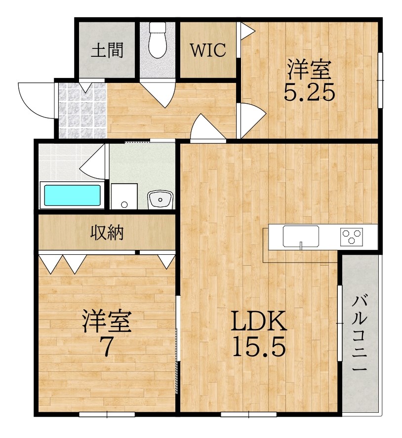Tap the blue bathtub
click(x=73, y=196)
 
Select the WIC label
click(x=208, y=50)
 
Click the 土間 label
click(x=107, y=50)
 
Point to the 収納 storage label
click(x=107, y=231)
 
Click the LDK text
click(x=259, y=322)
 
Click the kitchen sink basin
click(x=300, y=236)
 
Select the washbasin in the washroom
click(x=160, y=199)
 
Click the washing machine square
click(x=124, y=196)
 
